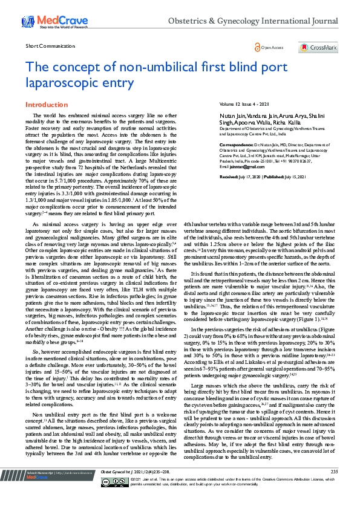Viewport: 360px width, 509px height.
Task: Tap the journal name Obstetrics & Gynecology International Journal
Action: tap(252, 21)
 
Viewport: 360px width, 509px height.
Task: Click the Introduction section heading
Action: tap(47, 105)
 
